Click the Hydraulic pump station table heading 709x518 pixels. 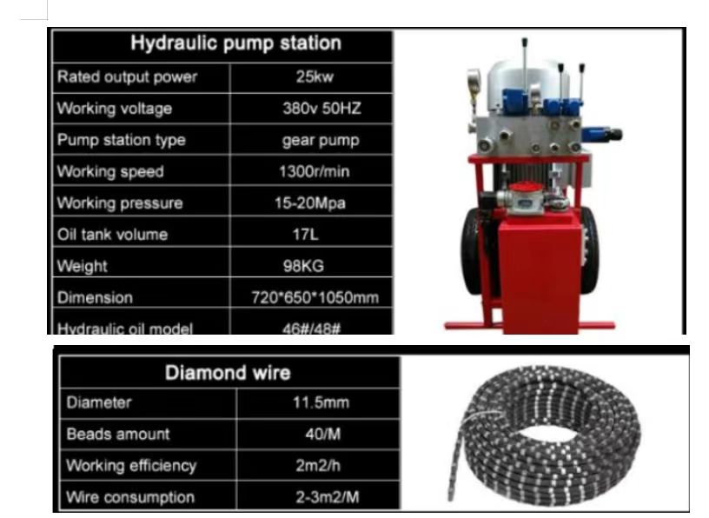point(235,43)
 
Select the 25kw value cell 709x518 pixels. point(315,76)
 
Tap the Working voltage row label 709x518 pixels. point(115,109)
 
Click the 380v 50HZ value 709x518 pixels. point(322,108)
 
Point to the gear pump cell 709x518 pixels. point(321,140)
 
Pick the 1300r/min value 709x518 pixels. point(315,171)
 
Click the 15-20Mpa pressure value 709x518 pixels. point(310,203)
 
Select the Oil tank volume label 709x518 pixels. point(113,235)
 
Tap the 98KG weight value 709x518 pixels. point(303,266)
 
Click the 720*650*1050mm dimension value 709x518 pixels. point(315,297)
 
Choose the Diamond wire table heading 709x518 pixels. point(228,373)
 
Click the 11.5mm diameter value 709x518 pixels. point(321,402)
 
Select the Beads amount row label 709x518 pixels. point(118,435)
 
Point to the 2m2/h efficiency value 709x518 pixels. point(318,465)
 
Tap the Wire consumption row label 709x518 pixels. point(130,497)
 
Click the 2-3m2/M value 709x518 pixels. point(328,497)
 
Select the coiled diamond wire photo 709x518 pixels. point(544,435)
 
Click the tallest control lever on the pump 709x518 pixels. point(526,68)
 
